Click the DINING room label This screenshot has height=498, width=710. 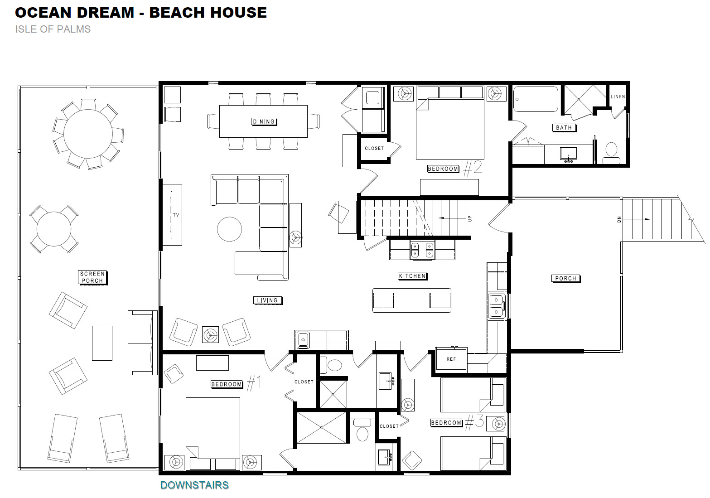pos(264,122)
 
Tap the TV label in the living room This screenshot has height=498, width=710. pos(176,215)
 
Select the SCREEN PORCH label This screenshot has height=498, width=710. pos(92,277)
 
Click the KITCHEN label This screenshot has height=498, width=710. pos(412,276)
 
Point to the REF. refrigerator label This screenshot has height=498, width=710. pos(452,359)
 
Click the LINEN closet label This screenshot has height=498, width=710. pos(618,97)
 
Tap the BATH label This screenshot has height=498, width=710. pos(564,128)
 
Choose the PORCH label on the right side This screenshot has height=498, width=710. pos(566,279)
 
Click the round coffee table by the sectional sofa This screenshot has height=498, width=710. pos(229,229)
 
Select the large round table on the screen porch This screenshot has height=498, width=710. pos(88,134)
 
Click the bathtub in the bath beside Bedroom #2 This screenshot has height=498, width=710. pos(536,99)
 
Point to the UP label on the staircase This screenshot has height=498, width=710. pos(470,218)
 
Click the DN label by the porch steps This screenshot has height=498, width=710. pos(619,219)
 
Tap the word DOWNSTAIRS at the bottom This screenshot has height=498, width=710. pos(194,485)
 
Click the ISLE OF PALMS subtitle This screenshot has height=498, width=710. pos(53,29)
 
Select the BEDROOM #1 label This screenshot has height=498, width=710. pos(236,383)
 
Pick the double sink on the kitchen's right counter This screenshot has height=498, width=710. pos(496,306)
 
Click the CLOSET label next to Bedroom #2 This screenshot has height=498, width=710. pos(374,148)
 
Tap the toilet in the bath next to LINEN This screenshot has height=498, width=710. pos(611,153)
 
